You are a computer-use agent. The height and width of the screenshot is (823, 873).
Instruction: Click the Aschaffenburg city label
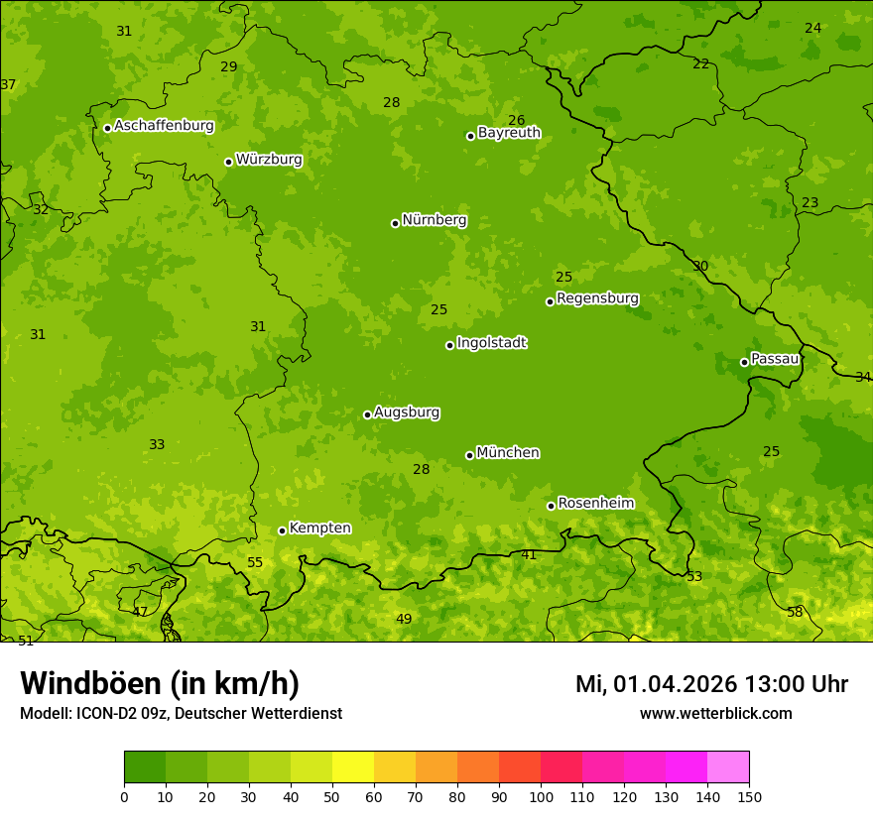coord(164,126)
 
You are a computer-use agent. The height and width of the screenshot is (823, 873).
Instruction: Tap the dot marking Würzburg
coord(228,162)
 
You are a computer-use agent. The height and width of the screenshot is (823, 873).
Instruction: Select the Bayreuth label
coord(509,132)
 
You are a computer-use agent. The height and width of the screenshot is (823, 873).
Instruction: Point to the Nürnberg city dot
coord(395,223)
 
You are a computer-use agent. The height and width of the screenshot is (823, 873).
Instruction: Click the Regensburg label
coord(597,297)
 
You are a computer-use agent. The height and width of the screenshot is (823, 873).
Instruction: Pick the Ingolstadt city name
coord(491,343)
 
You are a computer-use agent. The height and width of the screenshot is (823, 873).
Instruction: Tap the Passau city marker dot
coord(744,362)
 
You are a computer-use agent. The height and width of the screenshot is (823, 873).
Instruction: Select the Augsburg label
coord(407,411)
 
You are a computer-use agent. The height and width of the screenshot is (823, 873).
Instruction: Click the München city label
coord(508,452)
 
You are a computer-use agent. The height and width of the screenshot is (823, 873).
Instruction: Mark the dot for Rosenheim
coord(551,506)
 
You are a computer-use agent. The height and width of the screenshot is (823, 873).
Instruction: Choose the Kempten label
coord(319,528)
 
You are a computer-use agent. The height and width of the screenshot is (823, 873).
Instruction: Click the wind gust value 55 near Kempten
coord(255,562)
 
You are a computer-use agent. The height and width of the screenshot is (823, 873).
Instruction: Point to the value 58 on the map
coord(795,612)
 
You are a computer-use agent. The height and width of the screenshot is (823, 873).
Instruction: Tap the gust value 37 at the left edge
coord(8,84)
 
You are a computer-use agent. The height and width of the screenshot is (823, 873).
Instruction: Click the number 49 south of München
coord(404,619)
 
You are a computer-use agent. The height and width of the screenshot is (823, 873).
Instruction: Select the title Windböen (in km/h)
coord(160,683)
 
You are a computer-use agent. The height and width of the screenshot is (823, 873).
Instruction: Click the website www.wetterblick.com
coord(715,713)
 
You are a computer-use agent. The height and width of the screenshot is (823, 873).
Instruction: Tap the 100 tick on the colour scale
coord(541,796)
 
